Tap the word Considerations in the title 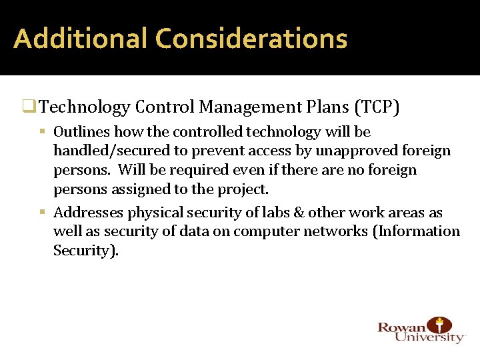click(251, 39)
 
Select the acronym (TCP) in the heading click(378, 107)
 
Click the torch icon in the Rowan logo click(439, 326)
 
